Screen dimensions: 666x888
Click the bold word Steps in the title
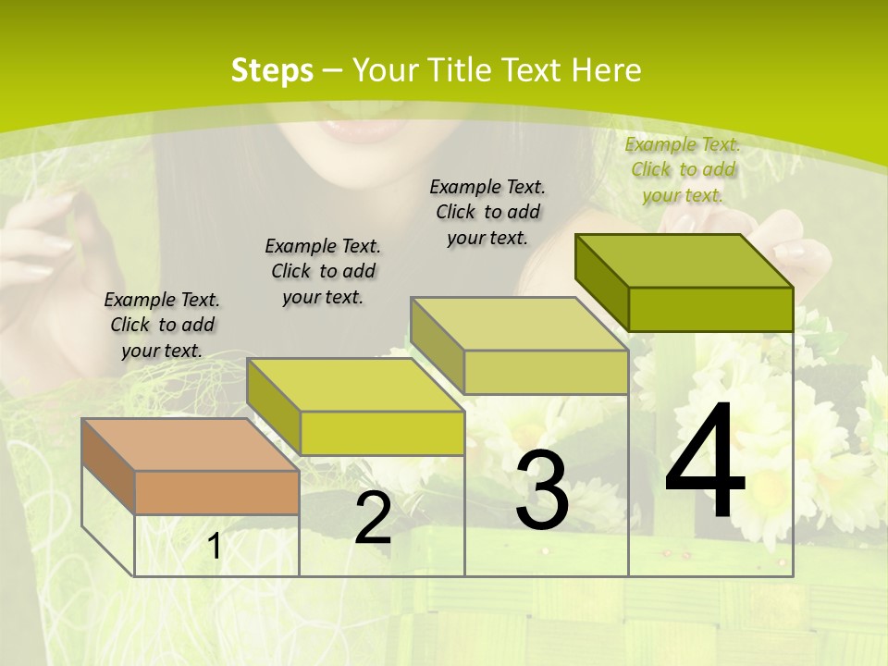(x=272, y=70)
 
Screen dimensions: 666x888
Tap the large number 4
(x=706, y=462)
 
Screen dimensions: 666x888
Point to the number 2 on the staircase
(x=373, y=519)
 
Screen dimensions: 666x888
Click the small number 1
(x=215, y=547)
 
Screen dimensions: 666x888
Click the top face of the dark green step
(x=683, y=260)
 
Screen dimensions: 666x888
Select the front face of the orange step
(x=216, y=492)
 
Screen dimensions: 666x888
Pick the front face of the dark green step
(x=710, y=309)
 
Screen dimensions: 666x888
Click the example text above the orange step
(x=162, y=325)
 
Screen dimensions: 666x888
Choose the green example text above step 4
(x=683, y=169)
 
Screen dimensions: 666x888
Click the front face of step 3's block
(x=546, y=372)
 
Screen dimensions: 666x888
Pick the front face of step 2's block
(x=382, y=433)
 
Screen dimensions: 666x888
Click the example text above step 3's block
(x=487, y=212)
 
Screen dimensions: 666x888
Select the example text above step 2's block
(x=323, y=271)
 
